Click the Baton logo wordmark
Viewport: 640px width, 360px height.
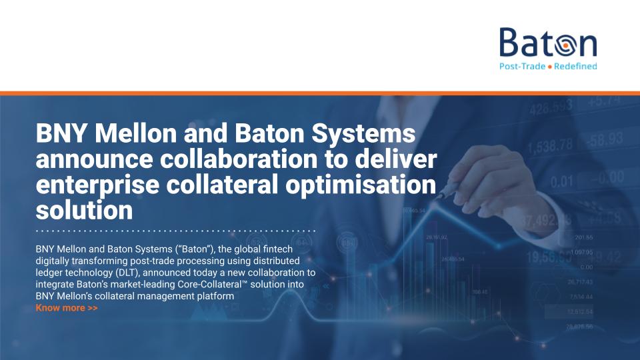547,43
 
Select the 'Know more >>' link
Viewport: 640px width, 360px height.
67,308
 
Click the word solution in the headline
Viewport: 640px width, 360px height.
84,211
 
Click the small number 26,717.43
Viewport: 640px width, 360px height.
580,282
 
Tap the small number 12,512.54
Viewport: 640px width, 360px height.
580,311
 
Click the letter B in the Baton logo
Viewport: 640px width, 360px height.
511,43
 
